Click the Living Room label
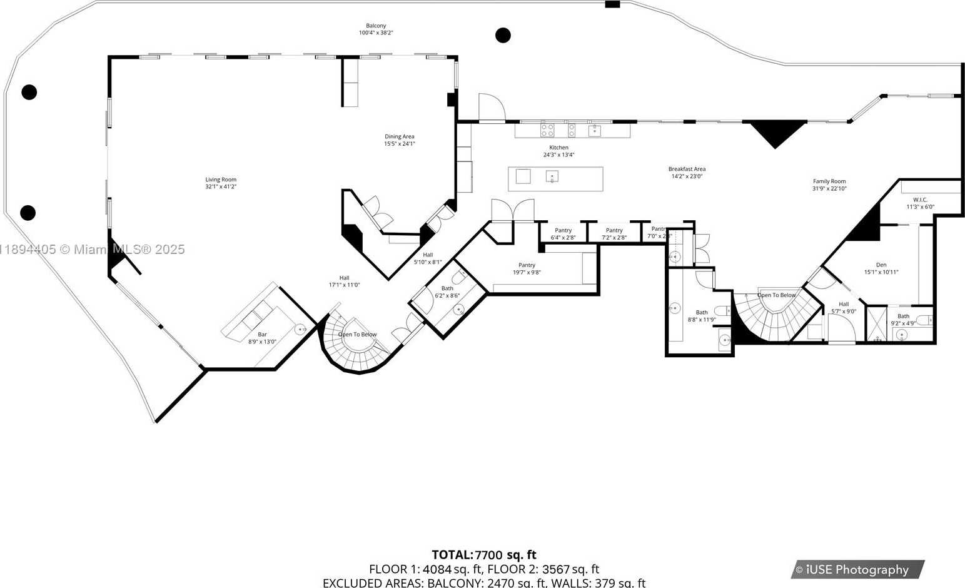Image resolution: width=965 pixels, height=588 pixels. click(221, 183)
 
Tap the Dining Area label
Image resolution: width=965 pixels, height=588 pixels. click(399, 140)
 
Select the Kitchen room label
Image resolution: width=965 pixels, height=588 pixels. click(558, 151)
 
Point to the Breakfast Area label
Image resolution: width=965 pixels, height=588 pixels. click(687, 172)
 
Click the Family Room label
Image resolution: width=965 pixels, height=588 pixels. click(829, 185)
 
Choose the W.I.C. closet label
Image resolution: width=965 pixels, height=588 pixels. click(920, 203)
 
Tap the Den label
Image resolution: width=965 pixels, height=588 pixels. click(881, 268)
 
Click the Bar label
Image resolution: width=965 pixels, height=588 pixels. click(262, 338)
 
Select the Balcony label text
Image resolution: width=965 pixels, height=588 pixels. click(376, 29)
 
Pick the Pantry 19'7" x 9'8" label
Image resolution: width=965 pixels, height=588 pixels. click(527, 268)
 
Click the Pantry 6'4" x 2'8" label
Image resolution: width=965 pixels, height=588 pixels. click(563, 234)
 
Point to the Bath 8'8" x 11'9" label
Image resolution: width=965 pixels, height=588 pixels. click(702, 315)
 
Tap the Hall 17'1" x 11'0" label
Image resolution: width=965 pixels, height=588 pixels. click(344, 281)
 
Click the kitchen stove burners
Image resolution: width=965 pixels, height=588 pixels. click(547, 130)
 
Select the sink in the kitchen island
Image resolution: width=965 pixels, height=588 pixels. click(552, 176)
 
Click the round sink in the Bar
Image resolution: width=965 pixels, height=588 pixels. click(300, 328)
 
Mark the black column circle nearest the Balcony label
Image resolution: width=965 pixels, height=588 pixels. click(503, 35)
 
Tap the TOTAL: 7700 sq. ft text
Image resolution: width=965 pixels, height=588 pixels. click(483, 554)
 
